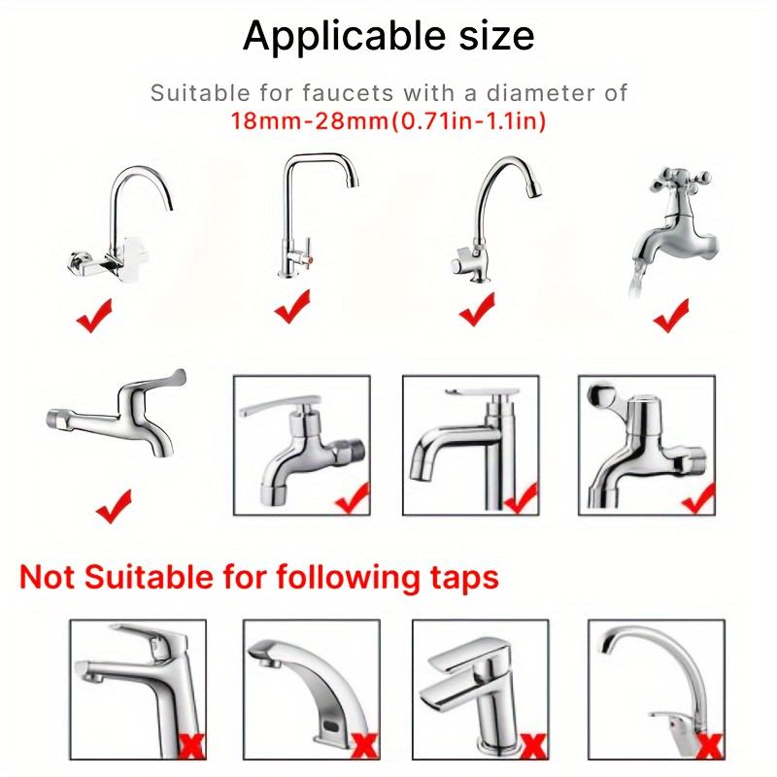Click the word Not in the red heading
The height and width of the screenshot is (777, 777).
tap(53, 577)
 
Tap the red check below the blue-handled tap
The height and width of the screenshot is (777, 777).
tap(114, 504)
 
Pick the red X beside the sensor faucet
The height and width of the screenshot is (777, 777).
tap(366, 743)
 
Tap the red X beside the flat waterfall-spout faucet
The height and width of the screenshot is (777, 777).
tap(533, 743)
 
